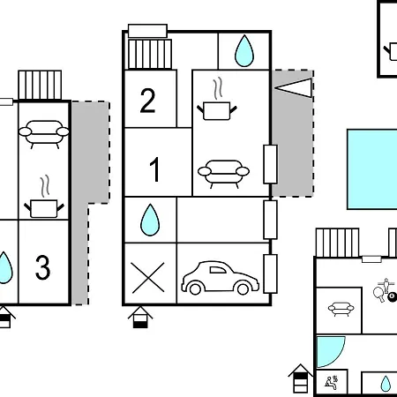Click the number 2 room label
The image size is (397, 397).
[x=147, y=101]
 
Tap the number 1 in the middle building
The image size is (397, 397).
[x=155, y=169]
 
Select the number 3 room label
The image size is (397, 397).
[x=43, y=267]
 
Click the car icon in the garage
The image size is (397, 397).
[x=221, y=278]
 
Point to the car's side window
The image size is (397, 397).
[x=217, y=270]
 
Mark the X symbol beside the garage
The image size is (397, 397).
[x=148, y=278]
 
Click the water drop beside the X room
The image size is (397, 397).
[x=150, y=220]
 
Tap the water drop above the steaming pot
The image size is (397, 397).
[x=244, y=51]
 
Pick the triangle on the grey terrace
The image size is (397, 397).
[x=293, y=87]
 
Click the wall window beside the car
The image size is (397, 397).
[x=270, y=274]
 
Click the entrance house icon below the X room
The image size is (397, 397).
[x=140, y=318]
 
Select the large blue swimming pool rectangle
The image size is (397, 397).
[x=372, y=169]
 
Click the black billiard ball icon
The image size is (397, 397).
[x=392, y=296]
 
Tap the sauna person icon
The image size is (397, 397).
[x=332, y=383]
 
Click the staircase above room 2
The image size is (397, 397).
[x=150, y=54]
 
